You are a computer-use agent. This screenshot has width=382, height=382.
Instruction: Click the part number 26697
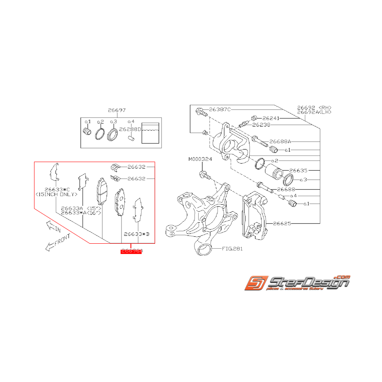point(117,110)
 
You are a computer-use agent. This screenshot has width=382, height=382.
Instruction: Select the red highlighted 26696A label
point(131,251)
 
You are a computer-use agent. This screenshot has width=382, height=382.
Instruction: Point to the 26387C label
point(220,110)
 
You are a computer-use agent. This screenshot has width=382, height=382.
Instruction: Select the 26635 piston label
point(298,170)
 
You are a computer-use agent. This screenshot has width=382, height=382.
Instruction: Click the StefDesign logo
point(297,283)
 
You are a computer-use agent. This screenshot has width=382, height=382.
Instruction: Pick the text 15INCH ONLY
point(57,194)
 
